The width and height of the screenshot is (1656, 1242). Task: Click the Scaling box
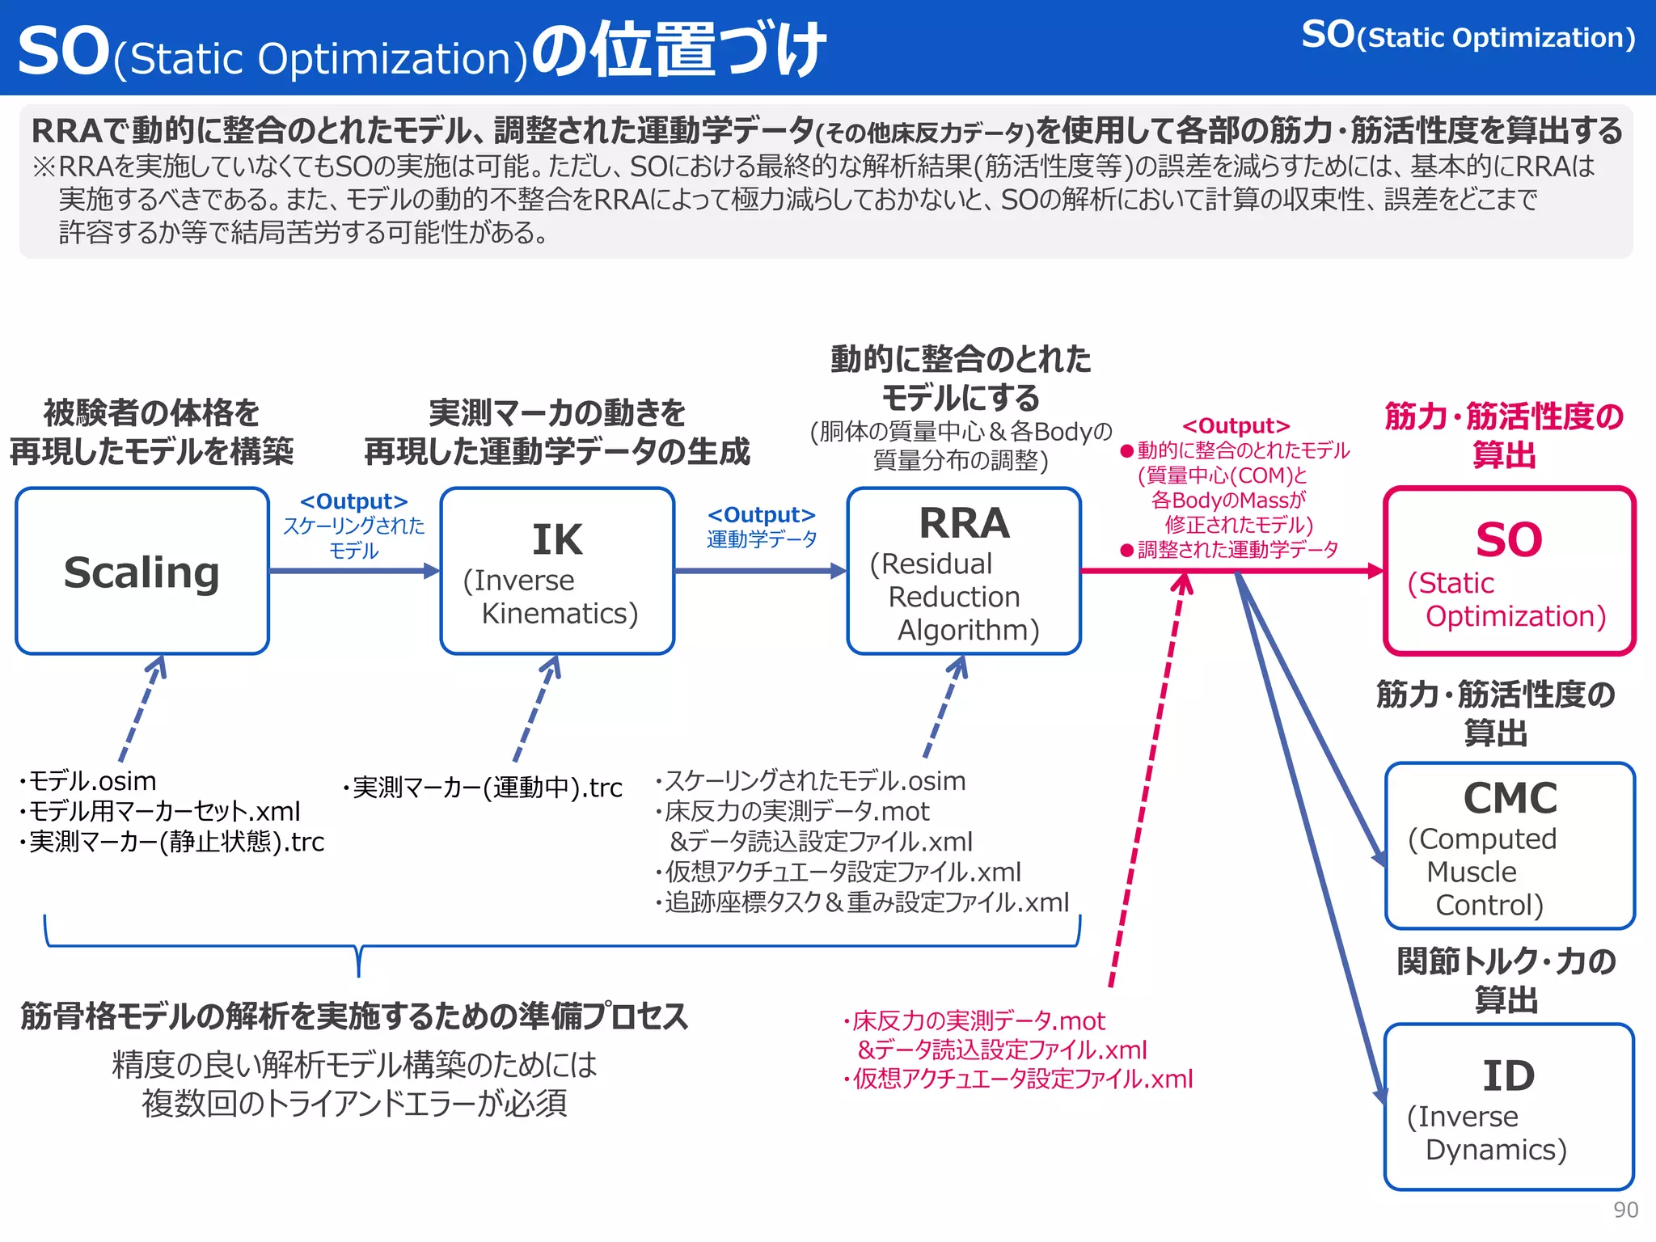coord(142,571)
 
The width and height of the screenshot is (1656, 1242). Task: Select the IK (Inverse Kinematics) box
coord(557,571)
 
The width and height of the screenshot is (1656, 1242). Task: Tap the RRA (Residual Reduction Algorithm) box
coord(964,571)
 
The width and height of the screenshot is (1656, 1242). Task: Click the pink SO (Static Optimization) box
coord(1509,571)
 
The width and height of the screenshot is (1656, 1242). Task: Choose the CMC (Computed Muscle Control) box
coord(1510,846)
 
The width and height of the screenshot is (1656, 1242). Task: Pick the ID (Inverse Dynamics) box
coord(1509,1107)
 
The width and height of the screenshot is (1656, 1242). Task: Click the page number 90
coord(1625,1210)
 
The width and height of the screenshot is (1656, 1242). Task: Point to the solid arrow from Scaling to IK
coord(353,571)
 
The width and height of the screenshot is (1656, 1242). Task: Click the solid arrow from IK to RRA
coord(760,571)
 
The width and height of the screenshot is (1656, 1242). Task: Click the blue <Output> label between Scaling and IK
coord(353,501)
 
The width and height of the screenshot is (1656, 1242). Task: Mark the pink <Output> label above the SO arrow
coord(1236,425)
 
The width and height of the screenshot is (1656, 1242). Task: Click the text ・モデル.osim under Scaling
coord(89,781)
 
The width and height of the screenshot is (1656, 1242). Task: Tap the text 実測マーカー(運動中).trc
coord(484,788)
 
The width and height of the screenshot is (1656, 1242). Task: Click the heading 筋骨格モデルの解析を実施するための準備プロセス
coord(354,1016)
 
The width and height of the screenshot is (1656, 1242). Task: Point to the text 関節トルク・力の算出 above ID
coord(1506,980)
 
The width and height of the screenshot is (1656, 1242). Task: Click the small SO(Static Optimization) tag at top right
coord(1468,36)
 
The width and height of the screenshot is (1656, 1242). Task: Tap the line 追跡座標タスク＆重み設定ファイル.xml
coord(864,902)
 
